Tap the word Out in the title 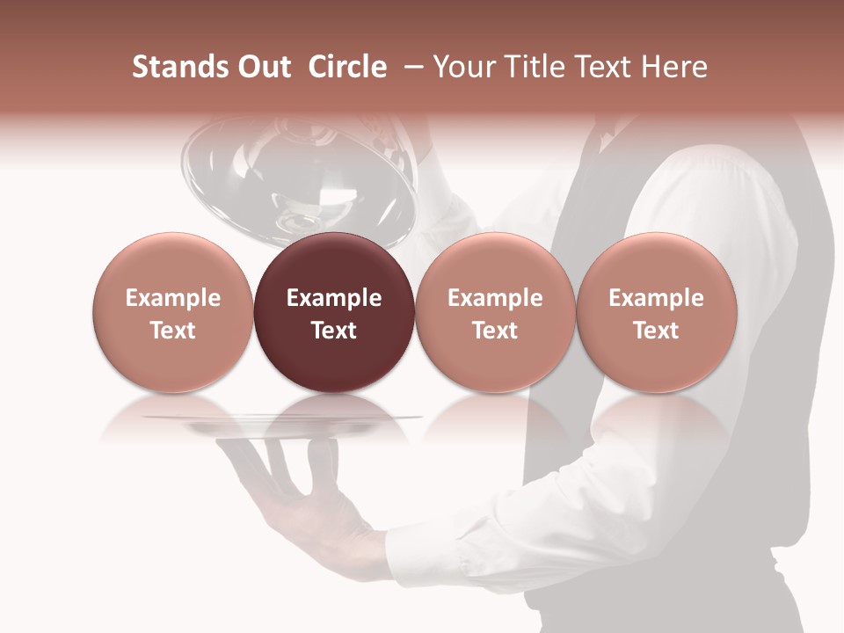tap(264, 68)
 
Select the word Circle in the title tap(346, 68)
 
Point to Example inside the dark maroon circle tap(334, 298)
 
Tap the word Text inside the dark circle tap(334, 331)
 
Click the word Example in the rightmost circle tap(656, 298)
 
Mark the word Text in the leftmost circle tap(172, 331)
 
